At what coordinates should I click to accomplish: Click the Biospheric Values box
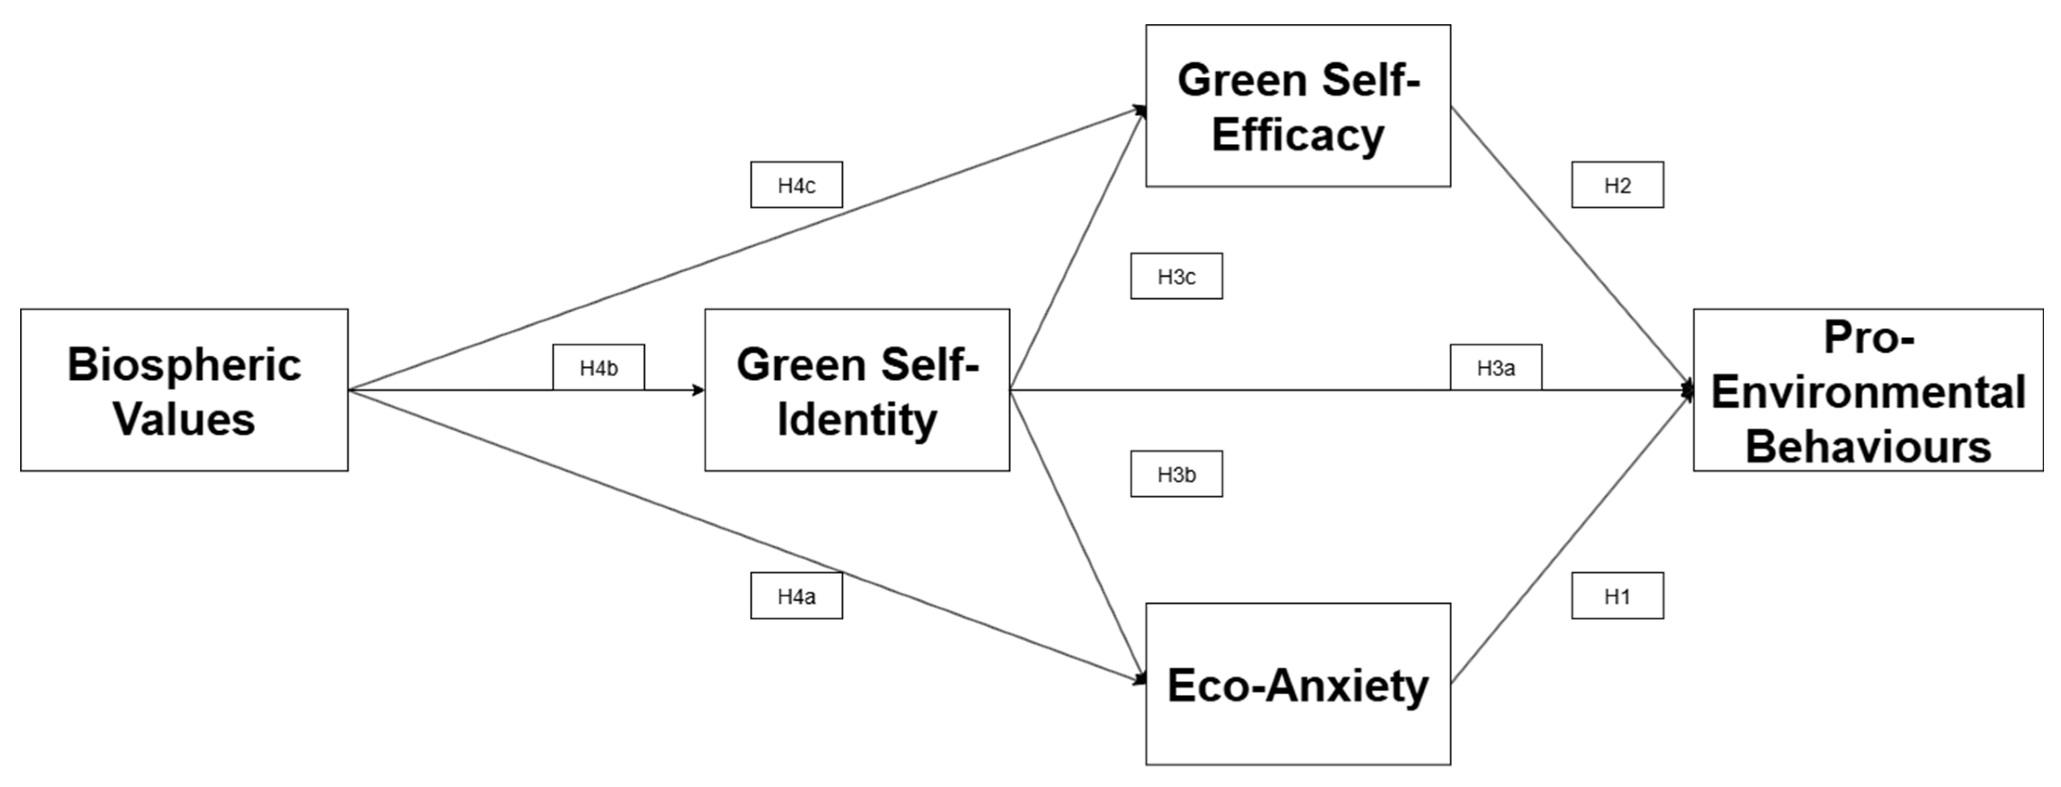coord(184,390)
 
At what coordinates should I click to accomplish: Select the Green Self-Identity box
coord(857,390)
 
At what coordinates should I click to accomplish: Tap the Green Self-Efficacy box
coord(1298,106)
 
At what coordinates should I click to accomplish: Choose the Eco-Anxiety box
coord(1298,684)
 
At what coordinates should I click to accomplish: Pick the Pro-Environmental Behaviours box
coord(1867,390)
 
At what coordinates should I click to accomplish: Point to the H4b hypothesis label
coord(599,368)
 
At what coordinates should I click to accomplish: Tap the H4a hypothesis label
coord(796,596)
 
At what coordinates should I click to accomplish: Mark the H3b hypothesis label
coord(1176,474)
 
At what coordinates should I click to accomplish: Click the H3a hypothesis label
coord(1495,368)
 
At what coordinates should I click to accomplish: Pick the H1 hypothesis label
coord(1617,596)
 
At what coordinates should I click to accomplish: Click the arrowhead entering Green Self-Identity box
coord(698,390)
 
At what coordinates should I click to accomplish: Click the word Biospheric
coord(184,365)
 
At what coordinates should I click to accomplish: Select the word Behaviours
coord(1867,446)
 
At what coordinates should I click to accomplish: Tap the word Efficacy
coord(1298,134)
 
